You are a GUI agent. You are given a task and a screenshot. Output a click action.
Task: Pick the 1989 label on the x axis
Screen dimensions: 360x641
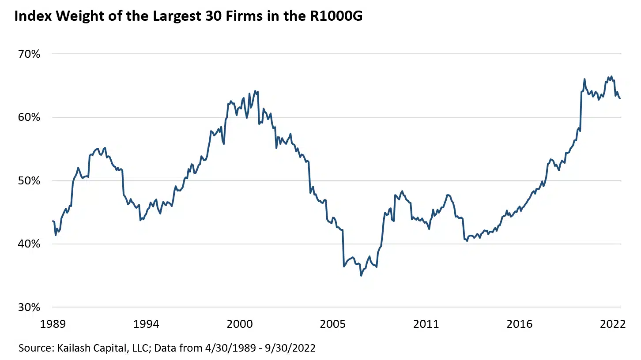point(53,324)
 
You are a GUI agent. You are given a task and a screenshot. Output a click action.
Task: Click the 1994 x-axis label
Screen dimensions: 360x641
point(146,324)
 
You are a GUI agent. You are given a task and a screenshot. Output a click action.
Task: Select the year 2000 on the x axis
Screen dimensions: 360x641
point(239,324)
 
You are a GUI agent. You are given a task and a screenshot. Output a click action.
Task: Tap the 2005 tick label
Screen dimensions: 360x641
point(333,324)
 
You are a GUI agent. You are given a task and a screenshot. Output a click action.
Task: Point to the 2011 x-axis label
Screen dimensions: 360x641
point(426,324)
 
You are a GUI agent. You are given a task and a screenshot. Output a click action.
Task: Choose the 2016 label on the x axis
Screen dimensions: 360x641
point(519,324)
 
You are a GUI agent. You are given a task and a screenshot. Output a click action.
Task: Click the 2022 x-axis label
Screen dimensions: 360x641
point(612,324)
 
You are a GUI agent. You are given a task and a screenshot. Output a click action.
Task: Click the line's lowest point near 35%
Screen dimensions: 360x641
point(361,276)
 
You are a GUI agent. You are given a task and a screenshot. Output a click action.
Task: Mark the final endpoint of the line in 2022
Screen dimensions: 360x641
point(620,98)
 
